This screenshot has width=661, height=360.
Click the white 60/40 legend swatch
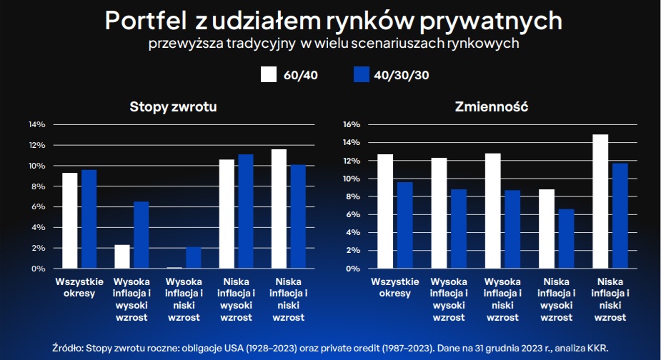269,74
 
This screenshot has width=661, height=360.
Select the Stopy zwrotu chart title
174,107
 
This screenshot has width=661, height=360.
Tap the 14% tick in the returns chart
36,124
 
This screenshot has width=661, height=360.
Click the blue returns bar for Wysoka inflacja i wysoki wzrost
141,235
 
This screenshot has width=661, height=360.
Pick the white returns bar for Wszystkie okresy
70,221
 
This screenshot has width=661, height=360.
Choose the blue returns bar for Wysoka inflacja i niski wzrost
193,258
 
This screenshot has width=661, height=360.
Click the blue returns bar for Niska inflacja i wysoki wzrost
245,211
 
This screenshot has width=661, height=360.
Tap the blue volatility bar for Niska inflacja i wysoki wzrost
566,239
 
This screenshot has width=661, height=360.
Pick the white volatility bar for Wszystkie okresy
385,211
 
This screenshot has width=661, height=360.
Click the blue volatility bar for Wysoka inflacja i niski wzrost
512,229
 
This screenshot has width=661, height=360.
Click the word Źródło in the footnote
68,347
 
